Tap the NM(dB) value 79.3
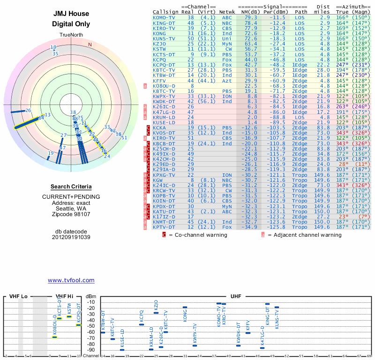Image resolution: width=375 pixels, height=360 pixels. pos(250,17)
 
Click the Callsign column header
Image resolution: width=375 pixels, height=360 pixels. pos(165,12)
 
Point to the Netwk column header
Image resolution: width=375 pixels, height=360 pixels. pos(227,12)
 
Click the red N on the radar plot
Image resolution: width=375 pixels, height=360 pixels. pos(90,45)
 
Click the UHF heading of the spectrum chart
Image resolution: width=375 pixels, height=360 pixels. pos(236,297)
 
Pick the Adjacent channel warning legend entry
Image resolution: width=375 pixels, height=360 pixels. pos(302,235)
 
